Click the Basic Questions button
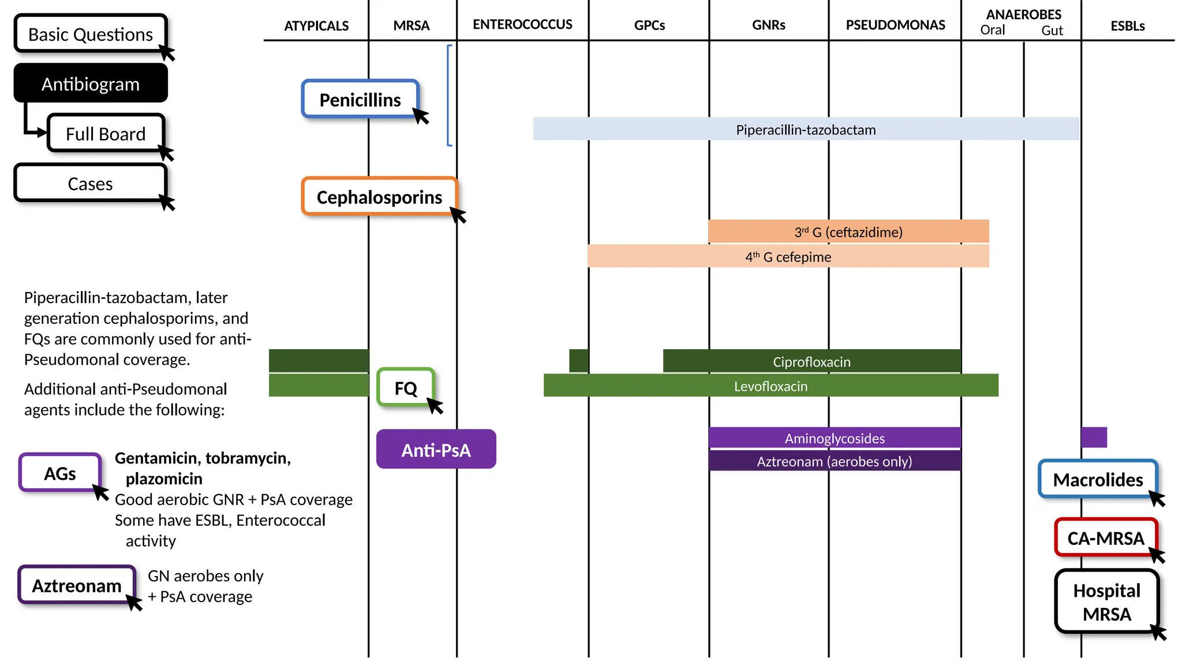(91, 34)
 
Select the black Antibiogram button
(91, 84)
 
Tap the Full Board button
(106, 133)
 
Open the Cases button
(90, 184)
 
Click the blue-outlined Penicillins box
(360, 99)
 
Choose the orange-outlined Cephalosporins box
(379, 197)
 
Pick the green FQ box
(405, 388)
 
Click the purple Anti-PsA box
(436, 449)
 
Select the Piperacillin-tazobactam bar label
(806, 129)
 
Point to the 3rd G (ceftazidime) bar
(848, 231)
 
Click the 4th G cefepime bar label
(788, 256)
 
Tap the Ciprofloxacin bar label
(811, 361)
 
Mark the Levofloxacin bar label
(770, 386)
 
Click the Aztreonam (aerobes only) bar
(835, 461)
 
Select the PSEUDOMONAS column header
(895, 25)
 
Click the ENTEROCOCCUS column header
(522, 24)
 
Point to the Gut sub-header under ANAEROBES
(1052, 31)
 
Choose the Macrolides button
(1098, 479)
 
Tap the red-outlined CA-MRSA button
(1105, 537)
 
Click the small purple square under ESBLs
(1094, 437)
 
